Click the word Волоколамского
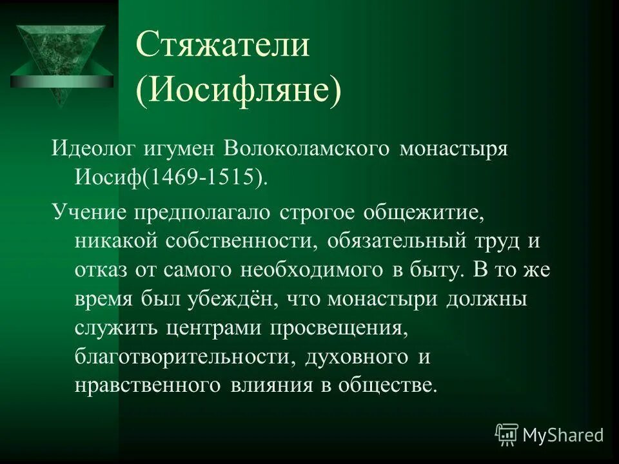[308, 150]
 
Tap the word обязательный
[395, 240]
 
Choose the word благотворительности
[181, 357]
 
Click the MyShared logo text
[562, 435]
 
